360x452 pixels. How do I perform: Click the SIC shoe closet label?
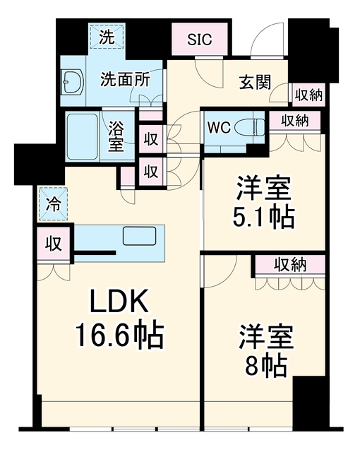200,40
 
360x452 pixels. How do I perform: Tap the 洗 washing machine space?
107,36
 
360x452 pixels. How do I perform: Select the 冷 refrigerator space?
53,204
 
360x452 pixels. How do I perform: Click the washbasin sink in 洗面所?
72,82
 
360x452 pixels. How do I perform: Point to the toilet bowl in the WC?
250,126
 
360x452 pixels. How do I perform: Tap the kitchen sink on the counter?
139,236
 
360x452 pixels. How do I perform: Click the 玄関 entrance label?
255,82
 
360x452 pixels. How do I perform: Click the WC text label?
220,127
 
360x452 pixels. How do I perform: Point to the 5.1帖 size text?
263,217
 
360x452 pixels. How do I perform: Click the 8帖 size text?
265,366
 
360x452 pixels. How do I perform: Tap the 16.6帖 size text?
119,336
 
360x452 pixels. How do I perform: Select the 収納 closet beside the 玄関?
308,95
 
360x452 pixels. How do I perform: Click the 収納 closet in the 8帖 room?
289,266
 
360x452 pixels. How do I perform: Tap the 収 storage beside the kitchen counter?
54,244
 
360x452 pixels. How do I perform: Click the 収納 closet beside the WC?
294,121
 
